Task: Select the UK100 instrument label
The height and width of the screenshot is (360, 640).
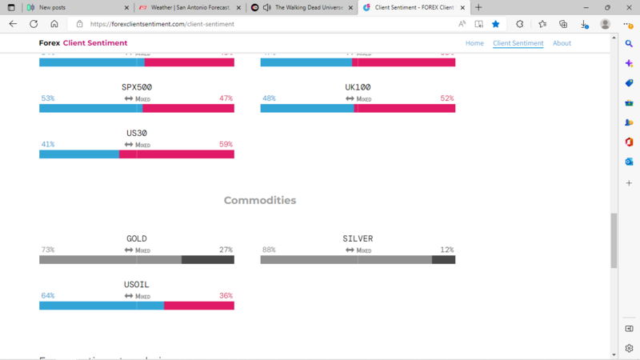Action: coord(358,87)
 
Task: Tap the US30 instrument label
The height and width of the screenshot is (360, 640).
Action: coord(137,133)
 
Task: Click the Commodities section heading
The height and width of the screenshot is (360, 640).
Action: coord(259,200)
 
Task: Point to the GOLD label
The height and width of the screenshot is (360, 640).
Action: coord(137,238)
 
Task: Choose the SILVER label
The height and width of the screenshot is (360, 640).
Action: coord(358,238)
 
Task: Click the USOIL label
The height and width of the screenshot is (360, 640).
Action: coord(137,284)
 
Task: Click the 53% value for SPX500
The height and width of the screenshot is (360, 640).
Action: coord(48,98)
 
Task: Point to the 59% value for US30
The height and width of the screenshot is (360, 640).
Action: coord(226,145)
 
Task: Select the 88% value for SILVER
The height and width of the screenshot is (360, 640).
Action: coord(269,250)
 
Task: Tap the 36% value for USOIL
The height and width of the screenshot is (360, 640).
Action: coord(226,296)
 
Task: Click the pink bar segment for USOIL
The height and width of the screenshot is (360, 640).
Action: coord(198,306)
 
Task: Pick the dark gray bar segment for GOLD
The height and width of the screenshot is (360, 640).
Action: coord(207,260)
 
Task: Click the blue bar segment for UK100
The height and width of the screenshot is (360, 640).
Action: coord(306,108)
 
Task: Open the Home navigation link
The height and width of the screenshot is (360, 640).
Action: coord(474,43)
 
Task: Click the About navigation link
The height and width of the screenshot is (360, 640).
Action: coord(562,43)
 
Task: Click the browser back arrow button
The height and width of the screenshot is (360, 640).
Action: coord(13,24)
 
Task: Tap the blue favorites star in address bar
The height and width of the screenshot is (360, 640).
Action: coord(495,24)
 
